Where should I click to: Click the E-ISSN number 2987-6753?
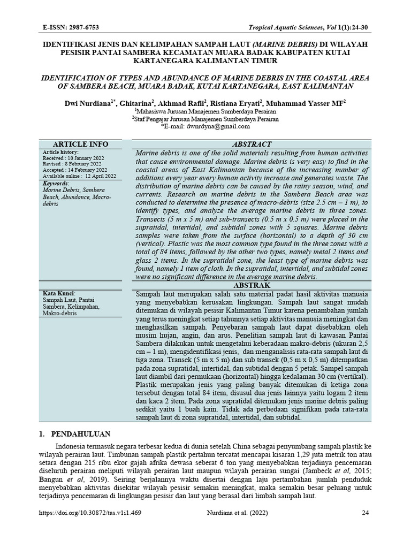click(x=84, y=27)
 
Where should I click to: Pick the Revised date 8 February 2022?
click(x=77, y=164)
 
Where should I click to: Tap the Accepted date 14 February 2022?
click(x=79, y=170)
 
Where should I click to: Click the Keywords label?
click(x=55, y=183)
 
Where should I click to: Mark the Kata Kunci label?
click(x=58, y=294)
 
